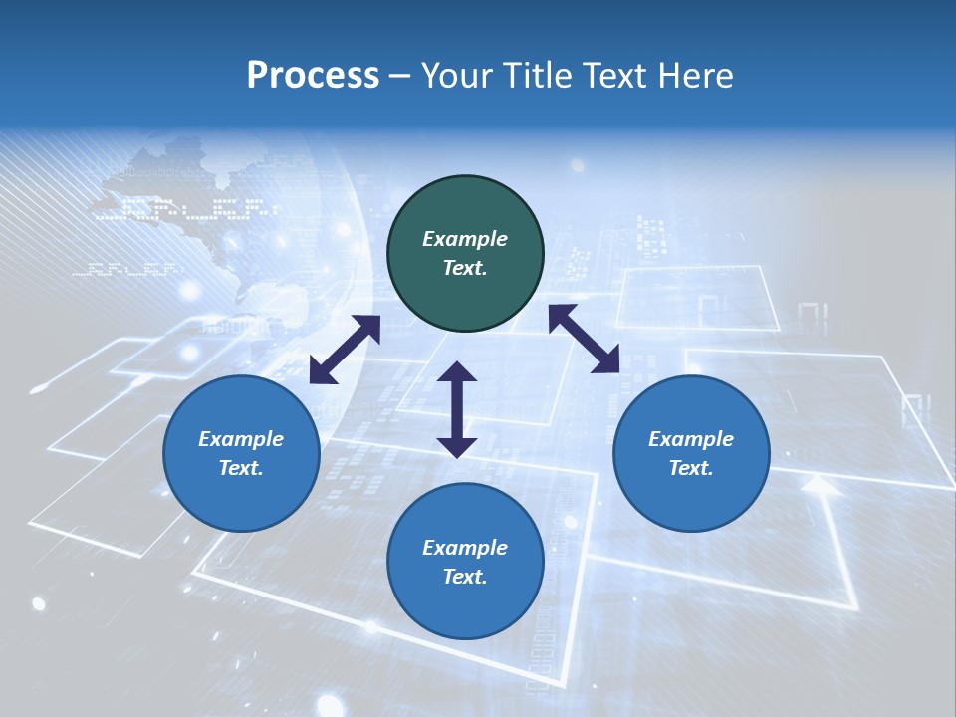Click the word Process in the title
tap(313, 76)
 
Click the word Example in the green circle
tap(465, 239)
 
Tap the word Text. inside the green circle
tap(465, 268)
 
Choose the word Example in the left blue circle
tap(241, 439)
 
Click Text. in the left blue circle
tap(241, 468)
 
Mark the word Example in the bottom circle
tap(465, 548)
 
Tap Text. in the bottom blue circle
tap(465, 577)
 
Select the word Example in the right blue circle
tap(691, 439)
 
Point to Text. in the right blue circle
tap(691, 468)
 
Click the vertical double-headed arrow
tap(457, 410)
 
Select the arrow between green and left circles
tap(345, 350)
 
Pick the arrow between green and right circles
tap(584, 339)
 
